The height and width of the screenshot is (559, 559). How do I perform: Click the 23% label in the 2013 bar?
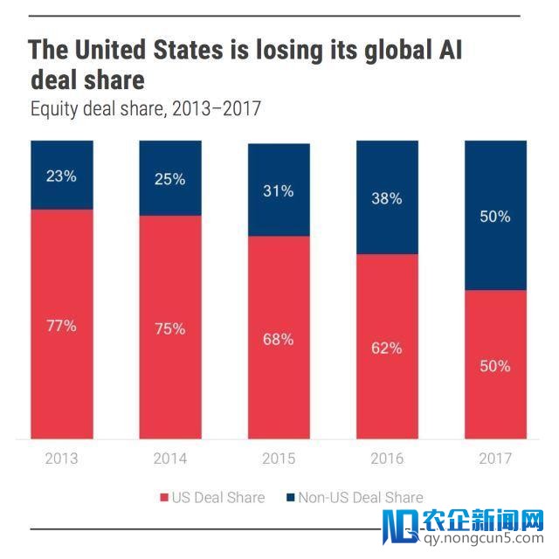tap(61, 176)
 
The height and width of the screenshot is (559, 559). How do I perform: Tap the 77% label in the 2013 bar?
tap(61, 326)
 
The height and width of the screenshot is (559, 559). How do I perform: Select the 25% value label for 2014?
tap(169, 179)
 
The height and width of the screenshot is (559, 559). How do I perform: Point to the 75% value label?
tap(169, 329)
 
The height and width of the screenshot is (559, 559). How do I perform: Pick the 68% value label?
tap(279, 339)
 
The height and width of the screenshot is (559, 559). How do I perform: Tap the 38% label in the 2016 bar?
tap(387, 198)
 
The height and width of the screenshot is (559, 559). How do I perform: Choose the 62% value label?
tap(387, 348)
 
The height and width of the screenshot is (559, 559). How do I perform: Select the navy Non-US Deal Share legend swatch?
tap(289, 498)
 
